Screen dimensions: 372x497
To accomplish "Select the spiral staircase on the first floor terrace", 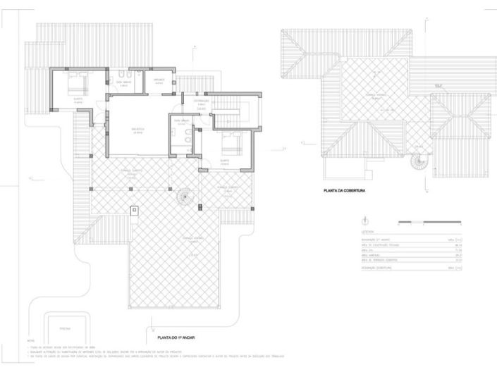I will (184, 196).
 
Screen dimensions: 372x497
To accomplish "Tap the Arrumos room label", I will (159, 80).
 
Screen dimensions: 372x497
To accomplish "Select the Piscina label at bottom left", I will (64, 328).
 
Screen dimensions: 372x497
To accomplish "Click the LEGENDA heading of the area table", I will (367, 231).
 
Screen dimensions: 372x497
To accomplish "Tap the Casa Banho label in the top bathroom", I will (124, 82).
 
